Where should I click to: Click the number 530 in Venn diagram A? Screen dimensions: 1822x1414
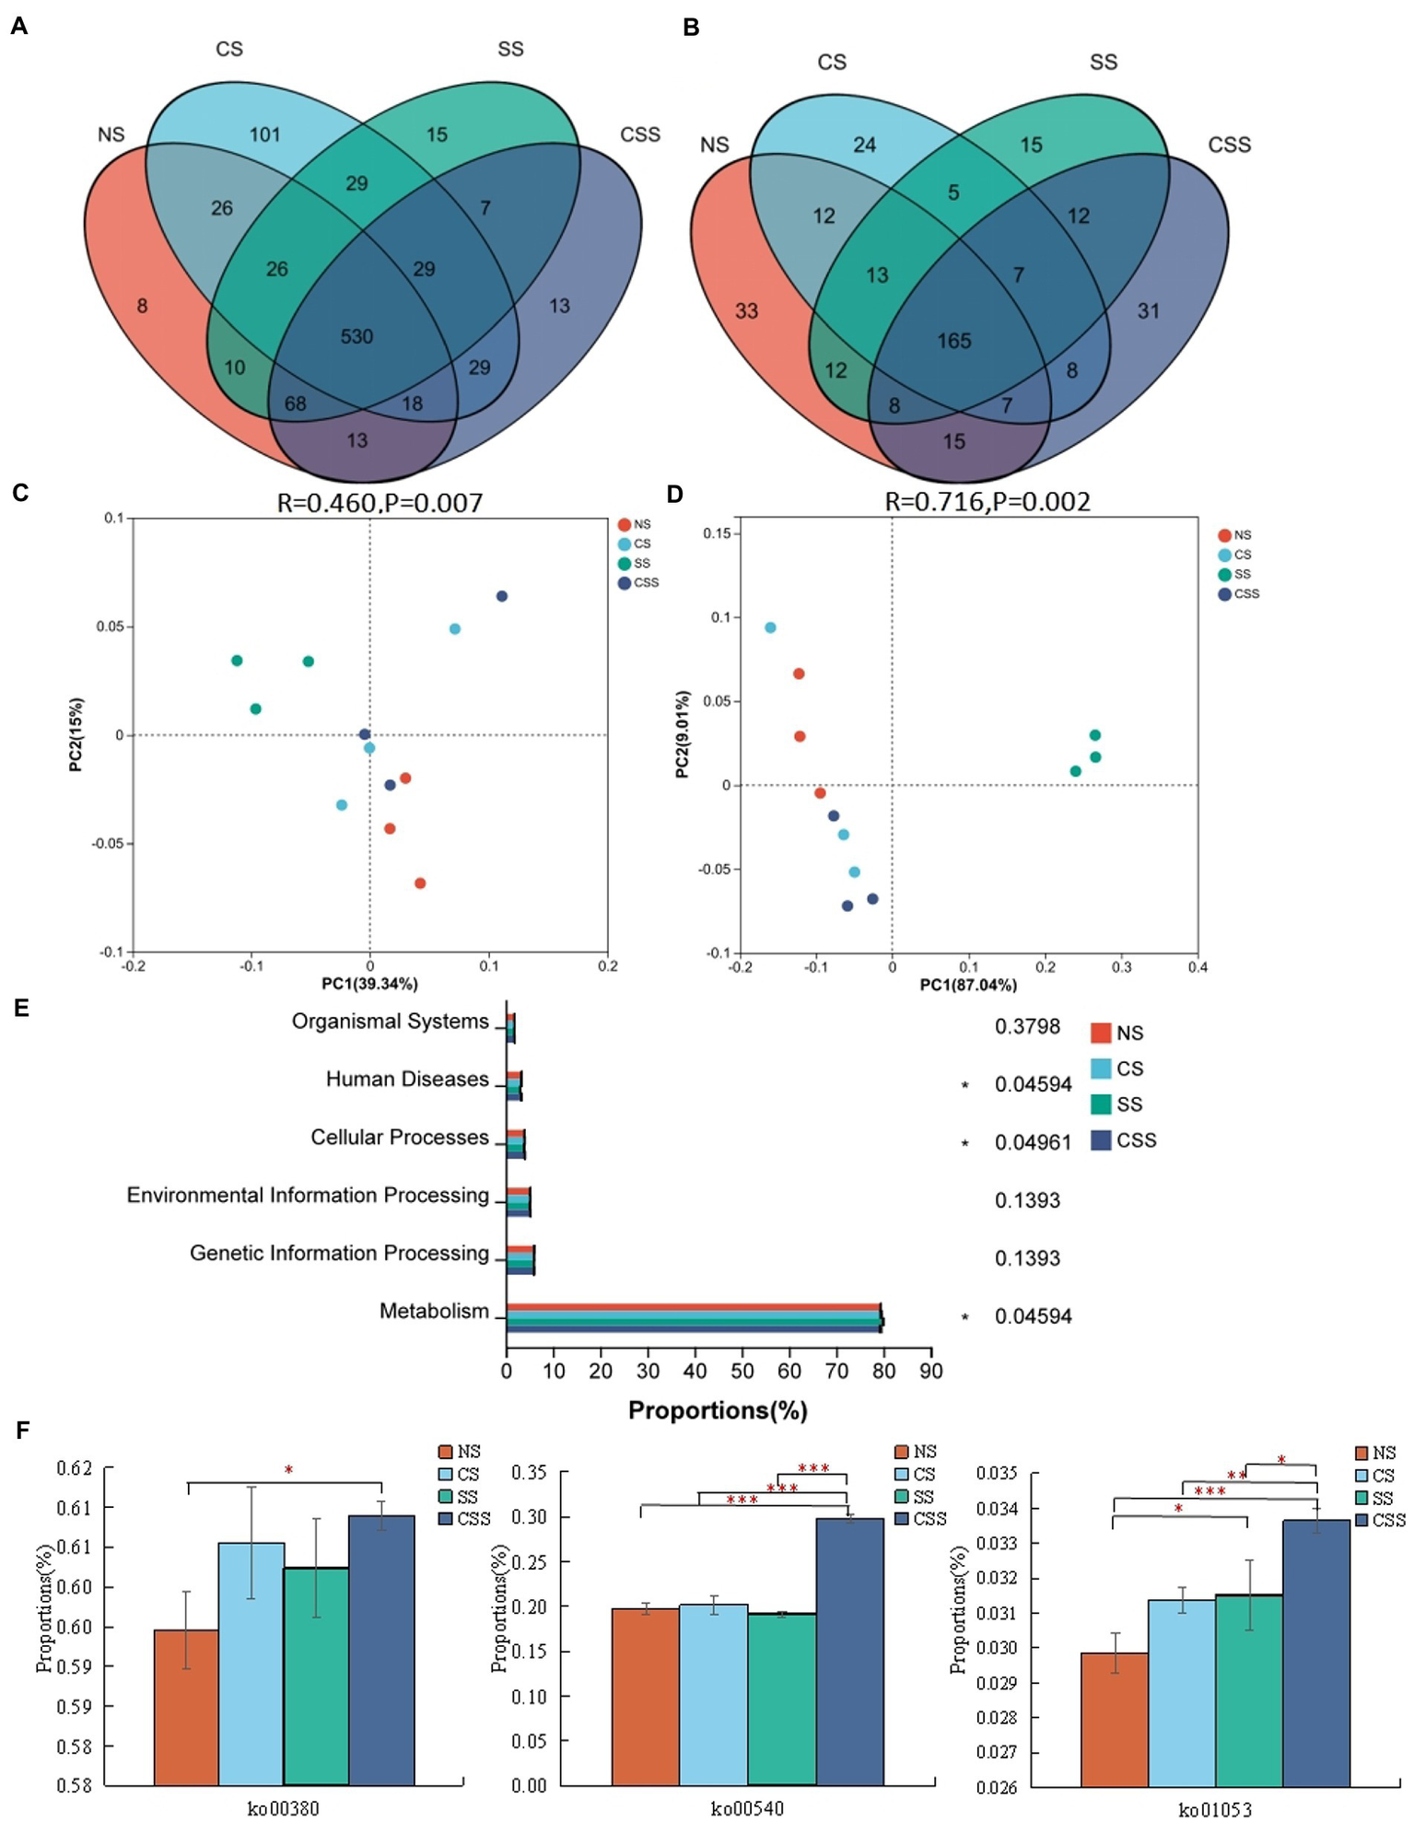click(x=356, y=336)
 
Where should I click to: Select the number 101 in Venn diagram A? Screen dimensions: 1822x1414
click(x=264, y=134)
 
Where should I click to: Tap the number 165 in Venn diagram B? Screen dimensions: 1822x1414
click(x=954, y=341)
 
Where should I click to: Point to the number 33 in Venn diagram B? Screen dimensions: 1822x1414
click(x=746, y=310)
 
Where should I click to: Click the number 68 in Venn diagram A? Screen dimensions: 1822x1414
click(x=295, y=403)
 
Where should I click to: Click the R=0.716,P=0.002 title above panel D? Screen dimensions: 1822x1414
click(x=987, y=501)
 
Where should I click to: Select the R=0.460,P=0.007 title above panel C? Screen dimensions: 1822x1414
click(x=380, y=502)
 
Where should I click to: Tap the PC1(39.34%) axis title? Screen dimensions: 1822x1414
click(x=369, y=984)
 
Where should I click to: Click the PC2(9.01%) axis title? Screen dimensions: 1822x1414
click(x=683, y=734)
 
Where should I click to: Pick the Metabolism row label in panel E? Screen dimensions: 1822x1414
click(x=434, y=1311)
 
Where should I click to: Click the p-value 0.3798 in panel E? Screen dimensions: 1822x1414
click(x=1027, y=1026)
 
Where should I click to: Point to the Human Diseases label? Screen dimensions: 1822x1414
click(x=407, y=1079)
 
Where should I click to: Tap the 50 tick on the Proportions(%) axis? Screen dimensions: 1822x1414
click(x=742, y=1371)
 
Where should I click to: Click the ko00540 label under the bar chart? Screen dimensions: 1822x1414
click(x=747, y=1808)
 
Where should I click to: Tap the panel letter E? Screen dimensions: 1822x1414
click(x=21, y=1008)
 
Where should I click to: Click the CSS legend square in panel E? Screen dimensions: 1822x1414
click(x=1100, y=1140)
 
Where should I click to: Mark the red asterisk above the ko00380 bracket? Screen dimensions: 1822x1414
click(x=288, y=1470)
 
